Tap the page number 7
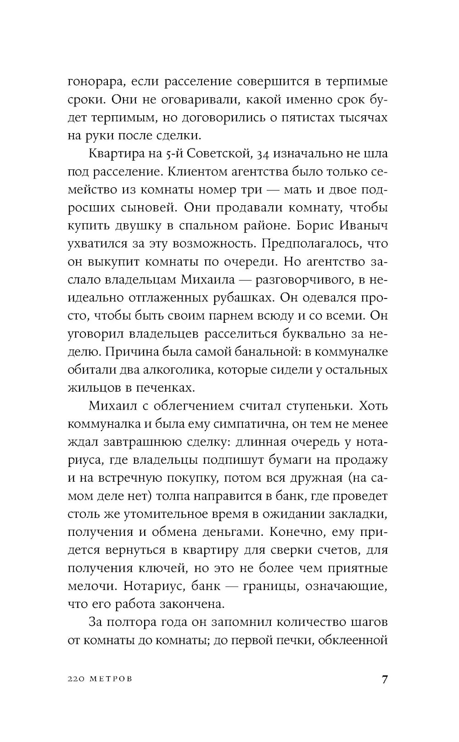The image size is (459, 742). pyautogui.click(x=384, y=680)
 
